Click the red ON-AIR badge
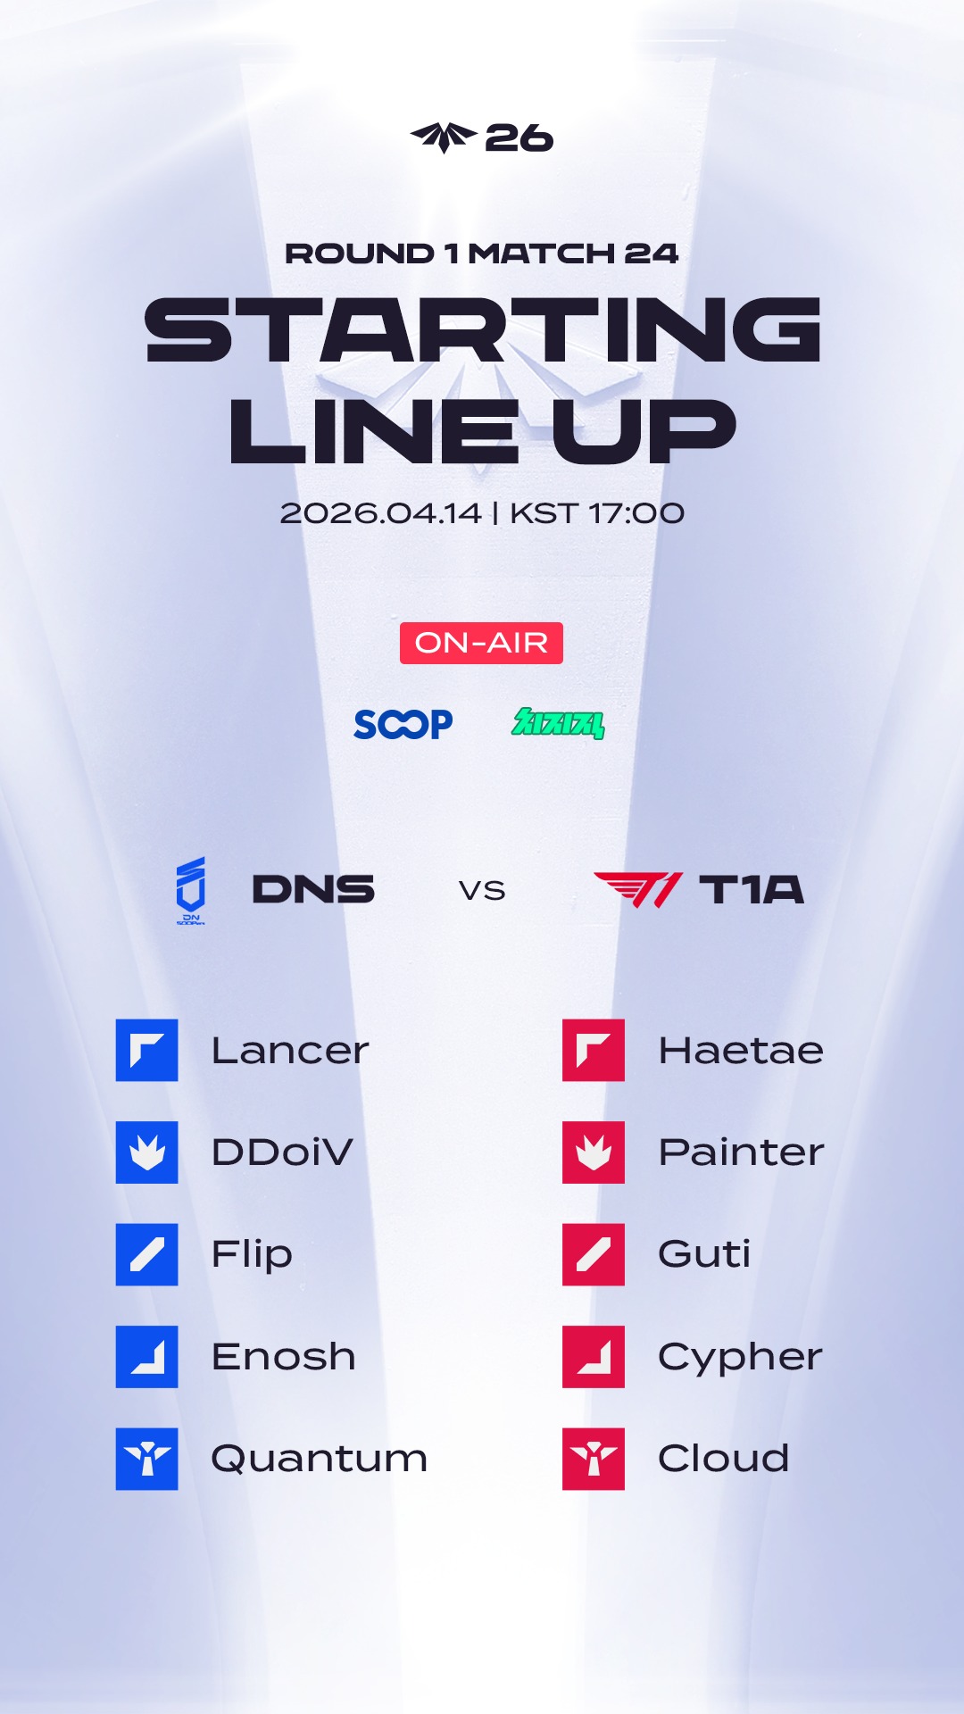pyautogui.click(x=481, y=643)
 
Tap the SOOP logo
pyautogui.click(x=403, y=724)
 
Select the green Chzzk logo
pyautogui.click(x=558, y=723)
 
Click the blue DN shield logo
pyautogui.click(x=191, y=890)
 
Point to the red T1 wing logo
pyautogui.click(x=638, y=889)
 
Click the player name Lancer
pyautogui.click(x=290, y=1051)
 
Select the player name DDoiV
pyautogui.click(x=282, y=1152)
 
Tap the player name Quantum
pyautogui.click(x=320, y=1459)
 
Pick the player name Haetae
pyautogui.click(x=741, y=1051)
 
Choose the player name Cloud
pyautogui.click(x=724, y=1459)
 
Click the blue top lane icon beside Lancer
pyautogui.click(x=147, y=1051)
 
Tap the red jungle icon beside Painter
pyautogui.click(x=594, y=1152)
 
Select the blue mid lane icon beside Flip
pyautogui.click(x=147, y=1254)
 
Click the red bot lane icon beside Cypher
pyautogui.click(x=594, y=1357)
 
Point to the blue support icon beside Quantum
pyautogui.click(x=147, y=1459)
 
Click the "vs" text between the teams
pyautogui.click(x=482, y=890)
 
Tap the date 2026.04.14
pyautogui.click(x=381, y=513)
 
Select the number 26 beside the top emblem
pyautogui.click(x=519, y=138)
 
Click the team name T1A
pyautogui.click(x=752, y=889)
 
